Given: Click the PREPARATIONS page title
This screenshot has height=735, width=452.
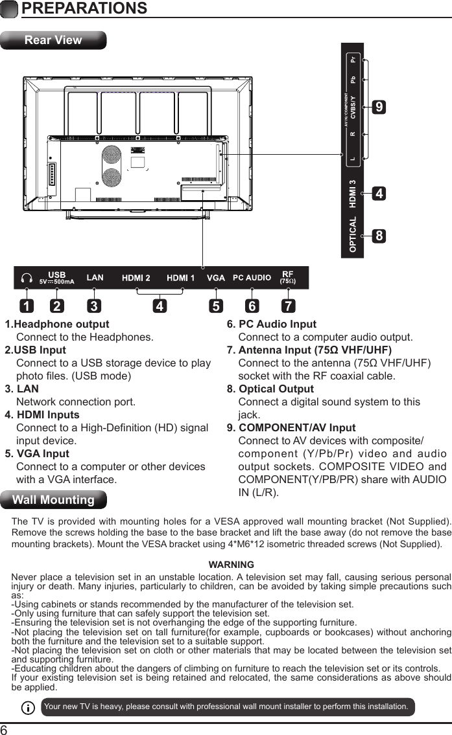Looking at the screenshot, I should [x=84, y=8].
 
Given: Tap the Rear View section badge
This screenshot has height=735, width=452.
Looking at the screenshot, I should [x=53, y=40].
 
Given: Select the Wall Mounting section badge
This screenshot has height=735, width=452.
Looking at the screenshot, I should [x=53, y=500].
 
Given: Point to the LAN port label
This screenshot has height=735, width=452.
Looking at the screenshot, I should [x=95, y=278].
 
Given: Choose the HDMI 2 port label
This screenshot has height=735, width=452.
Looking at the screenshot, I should [x=137, y=278].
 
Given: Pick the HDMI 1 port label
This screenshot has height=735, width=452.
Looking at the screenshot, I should [x=181, y=278].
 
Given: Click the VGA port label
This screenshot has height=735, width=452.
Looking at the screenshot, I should [x=216, y=278].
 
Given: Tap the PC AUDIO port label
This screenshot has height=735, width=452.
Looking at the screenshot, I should [x=252, y=278].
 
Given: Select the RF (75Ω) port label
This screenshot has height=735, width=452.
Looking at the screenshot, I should [x=287, y=277].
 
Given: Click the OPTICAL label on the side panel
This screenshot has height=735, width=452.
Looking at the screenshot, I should [x=353, y=234].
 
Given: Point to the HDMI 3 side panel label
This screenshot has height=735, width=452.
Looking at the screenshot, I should [x=353, y=194].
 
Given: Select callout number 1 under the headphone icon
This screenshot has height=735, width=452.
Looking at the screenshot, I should [x=26, y=304].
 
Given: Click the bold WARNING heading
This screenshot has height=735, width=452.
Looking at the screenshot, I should [x=231, y=565].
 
